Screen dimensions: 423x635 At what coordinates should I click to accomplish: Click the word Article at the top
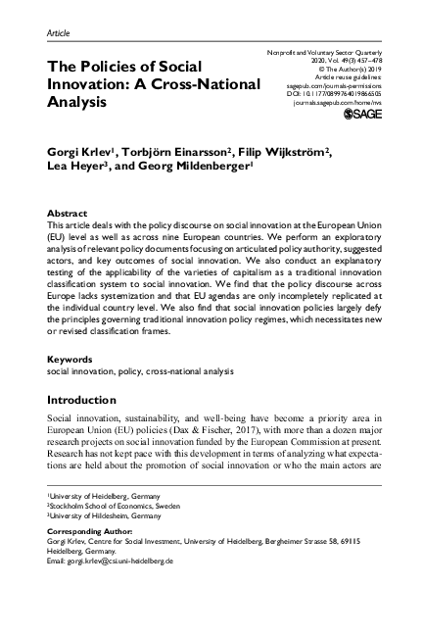pos(59,33)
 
